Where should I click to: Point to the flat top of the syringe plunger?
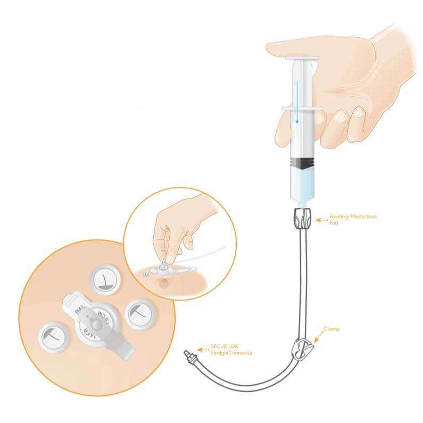point(302,57)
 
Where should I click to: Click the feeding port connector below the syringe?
point(302,218)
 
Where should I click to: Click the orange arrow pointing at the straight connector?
point(201,350)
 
